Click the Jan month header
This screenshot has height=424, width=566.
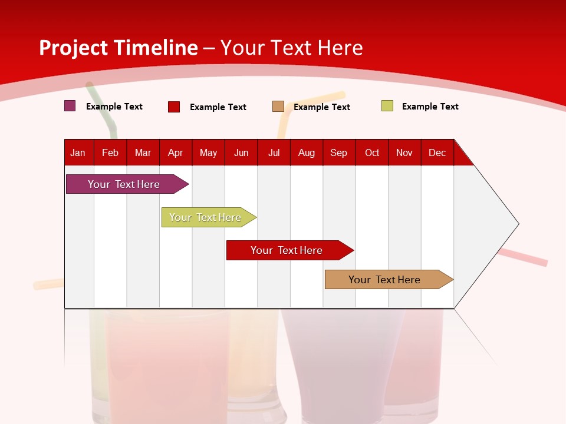point(78,153)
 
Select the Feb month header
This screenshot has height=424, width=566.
point(110,153)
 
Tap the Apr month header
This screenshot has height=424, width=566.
point(176,153)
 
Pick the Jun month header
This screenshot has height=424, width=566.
point(241,153)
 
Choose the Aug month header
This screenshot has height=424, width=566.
point(307,153)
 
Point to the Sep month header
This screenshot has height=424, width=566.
point(339,153)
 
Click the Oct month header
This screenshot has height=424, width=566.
point(372,153)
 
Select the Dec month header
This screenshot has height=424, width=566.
point(437,153)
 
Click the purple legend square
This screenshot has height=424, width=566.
point(70,106)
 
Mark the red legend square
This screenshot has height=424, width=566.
point(174,107)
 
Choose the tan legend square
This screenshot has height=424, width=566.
point(278,107)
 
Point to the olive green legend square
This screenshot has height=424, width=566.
point(387,106)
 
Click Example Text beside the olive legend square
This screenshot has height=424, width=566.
point(430,107)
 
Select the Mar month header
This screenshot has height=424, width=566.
point(143,153)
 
